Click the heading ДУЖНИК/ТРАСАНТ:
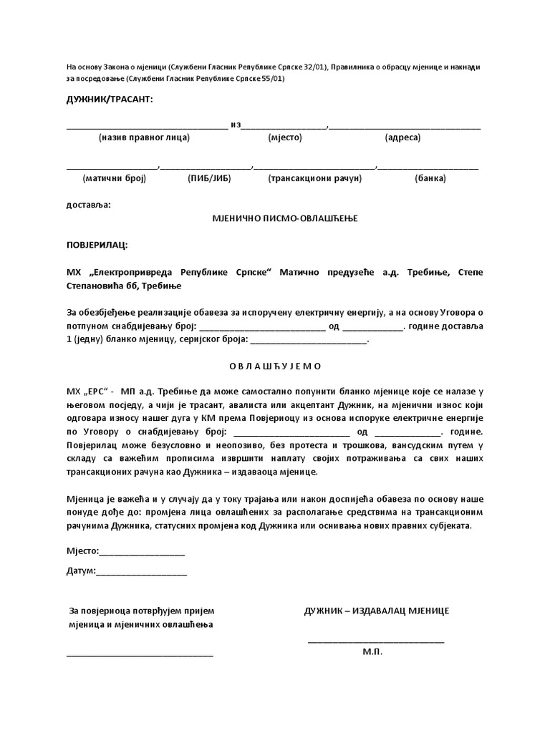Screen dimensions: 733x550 (110, 98)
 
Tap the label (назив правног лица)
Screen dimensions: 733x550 (145, 137)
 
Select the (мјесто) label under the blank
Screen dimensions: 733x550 (286, 137)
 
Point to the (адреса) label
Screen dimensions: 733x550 (402, 137)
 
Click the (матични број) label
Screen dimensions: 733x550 (115, 178)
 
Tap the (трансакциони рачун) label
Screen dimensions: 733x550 (312, 178)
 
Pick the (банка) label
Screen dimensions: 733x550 (430, 178)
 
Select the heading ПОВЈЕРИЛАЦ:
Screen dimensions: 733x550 (97, 246)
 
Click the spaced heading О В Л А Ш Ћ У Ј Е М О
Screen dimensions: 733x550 (276, 366)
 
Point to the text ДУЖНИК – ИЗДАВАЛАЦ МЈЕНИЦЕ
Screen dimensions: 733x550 (377, 611)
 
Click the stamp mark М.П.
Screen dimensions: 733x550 (372, 653)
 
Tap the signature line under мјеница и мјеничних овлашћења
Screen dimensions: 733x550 (140, 655)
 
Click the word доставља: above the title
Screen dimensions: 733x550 (89, 205)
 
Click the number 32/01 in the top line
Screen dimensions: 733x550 (312, 67)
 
